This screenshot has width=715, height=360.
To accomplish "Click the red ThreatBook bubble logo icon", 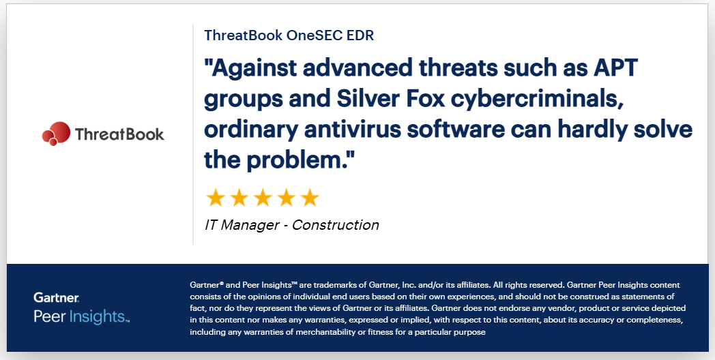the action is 56,134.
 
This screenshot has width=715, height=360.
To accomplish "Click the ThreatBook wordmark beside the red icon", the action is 119,134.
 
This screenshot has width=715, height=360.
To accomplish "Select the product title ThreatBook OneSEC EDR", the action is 289,35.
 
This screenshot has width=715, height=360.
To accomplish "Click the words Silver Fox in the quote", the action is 391,98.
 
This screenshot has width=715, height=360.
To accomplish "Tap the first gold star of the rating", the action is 215,198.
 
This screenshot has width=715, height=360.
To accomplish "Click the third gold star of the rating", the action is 263,198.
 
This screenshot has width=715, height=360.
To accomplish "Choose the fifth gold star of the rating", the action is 310,198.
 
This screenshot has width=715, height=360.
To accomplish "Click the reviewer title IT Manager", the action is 242,225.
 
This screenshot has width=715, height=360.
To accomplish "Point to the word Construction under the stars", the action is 335,225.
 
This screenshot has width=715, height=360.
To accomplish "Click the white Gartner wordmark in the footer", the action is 56,297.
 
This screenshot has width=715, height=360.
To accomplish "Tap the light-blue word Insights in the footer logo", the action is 98,316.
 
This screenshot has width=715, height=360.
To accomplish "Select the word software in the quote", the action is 456,129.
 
